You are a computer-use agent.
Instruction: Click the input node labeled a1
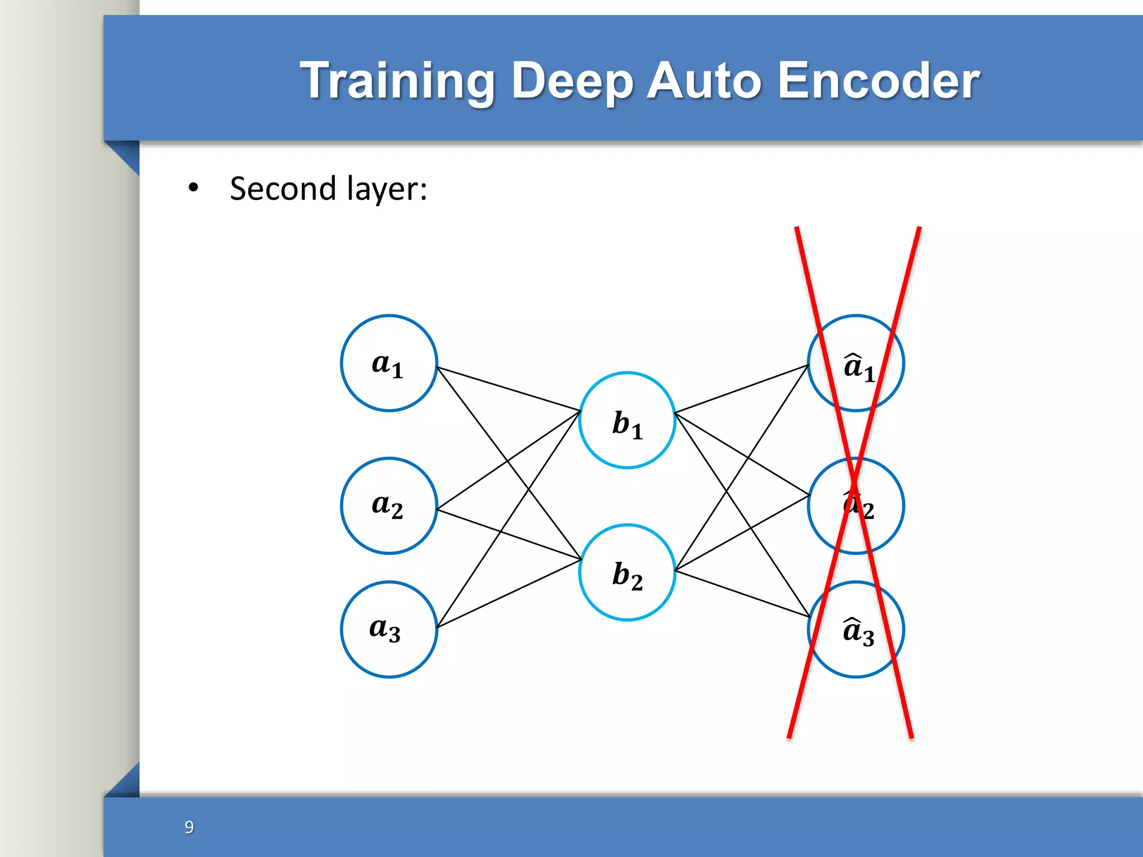pos(388,363)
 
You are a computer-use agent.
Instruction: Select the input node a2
pos(388,505)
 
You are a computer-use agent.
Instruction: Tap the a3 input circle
pos(388,629)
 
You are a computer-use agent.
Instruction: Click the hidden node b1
pos(627,420)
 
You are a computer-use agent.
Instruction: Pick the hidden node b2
pos(627,572)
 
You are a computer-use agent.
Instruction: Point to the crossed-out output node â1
pos(856,363)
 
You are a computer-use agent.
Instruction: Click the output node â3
pos(856,629)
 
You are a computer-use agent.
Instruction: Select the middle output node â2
pos(856,505)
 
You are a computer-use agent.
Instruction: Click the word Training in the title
pos(397,81)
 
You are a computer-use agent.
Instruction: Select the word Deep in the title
pos(572,81)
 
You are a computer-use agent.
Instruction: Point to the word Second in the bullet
pos(282,189)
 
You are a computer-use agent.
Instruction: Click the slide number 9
pos(189,827)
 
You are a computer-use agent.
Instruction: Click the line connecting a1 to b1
pos(508,388)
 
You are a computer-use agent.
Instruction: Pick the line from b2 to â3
pos(742,593)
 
